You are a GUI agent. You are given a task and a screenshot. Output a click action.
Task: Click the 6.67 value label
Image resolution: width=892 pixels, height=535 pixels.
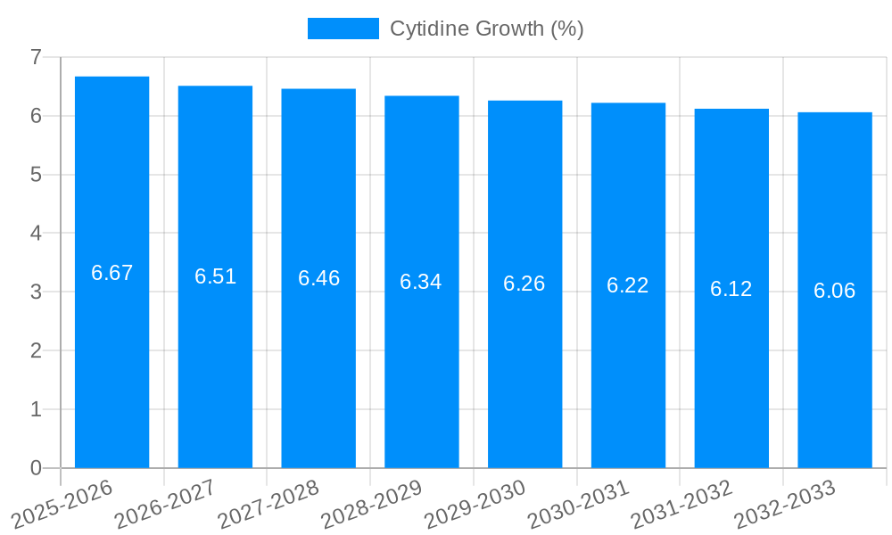point(112,273)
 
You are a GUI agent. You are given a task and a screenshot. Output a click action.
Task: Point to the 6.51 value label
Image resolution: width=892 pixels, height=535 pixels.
point(216,276)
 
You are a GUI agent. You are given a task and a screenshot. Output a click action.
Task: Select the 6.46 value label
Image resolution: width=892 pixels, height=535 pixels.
point(319,278)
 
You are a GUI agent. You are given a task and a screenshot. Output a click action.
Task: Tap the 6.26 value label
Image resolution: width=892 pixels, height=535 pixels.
point(524,284)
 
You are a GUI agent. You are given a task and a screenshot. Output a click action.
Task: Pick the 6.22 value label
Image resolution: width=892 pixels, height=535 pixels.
point(628,285)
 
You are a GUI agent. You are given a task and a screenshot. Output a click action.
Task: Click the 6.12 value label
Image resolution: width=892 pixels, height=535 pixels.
point(731,289)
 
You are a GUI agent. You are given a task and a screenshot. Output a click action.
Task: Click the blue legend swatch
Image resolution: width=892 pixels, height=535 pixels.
point(343,29)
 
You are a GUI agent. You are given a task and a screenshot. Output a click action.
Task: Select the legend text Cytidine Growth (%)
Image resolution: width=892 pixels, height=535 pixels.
point(487,29)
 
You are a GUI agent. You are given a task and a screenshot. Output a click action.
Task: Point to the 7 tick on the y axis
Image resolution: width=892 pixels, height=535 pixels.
point(36,57)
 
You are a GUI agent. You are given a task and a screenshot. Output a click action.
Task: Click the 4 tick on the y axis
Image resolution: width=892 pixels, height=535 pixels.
point(36,233)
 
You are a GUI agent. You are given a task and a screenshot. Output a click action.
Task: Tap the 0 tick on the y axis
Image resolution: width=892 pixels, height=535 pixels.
point(36,468)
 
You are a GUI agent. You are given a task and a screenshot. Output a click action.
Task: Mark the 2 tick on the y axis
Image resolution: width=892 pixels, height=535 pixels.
point(36,350)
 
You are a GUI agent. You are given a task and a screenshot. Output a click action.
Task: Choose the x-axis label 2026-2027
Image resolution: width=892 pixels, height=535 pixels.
point(165,503)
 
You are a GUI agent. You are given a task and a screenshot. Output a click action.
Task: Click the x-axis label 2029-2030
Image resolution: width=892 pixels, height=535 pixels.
point(475,503)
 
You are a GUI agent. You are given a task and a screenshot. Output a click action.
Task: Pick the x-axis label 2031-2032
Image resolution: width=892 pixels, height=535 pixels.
point(681,503)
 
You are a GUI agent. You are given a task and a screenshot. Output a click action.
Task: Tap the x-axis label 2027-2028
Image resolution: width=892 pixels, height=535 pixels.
point(268,503)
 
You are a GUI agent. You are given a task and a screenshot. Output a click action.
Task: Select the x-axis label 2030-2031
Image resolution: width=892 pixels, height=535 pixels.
point(579,503)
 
